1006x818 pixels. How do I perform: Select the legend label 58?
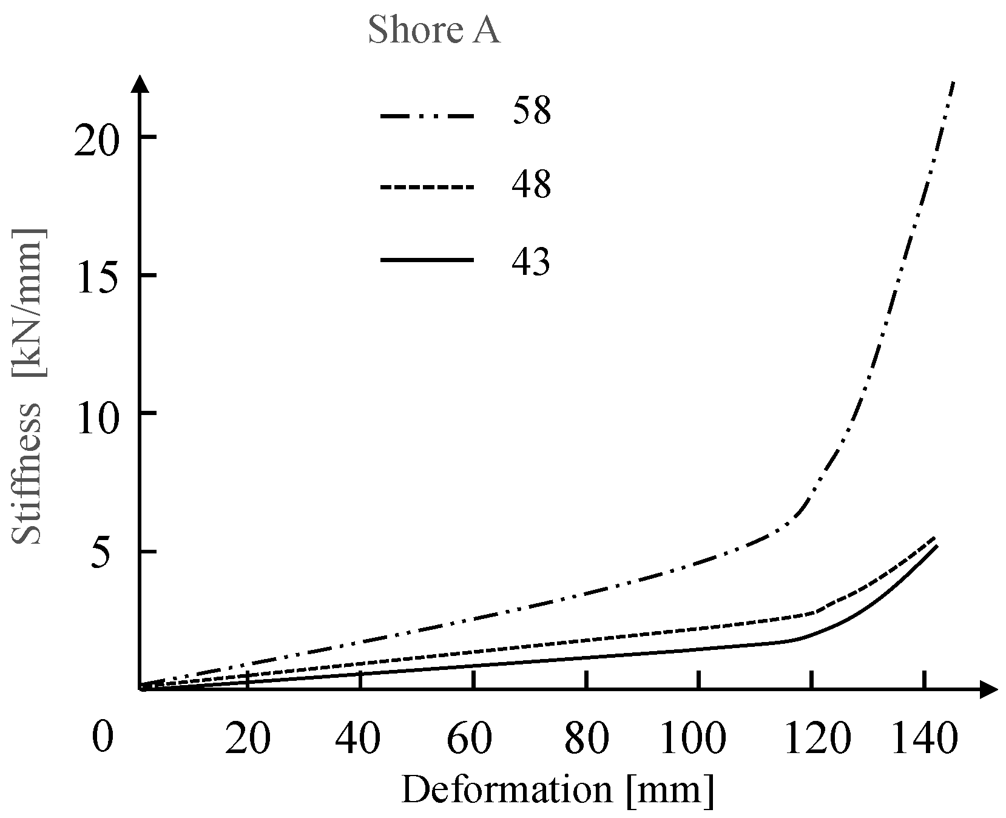(532, 112)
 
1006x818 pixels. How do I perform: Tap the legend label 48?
(532, 185)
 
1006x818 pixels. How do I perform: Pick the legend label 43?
(532, 261)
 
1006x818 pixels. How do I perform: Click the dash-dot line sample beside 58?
(427, 115)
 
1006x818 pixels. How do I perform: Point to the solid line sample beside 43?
(427, 260)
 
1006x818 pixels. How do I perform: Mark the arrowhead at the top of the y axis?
(140, 84)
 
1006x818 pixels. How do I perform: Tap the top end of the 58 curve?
(953, 83)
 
